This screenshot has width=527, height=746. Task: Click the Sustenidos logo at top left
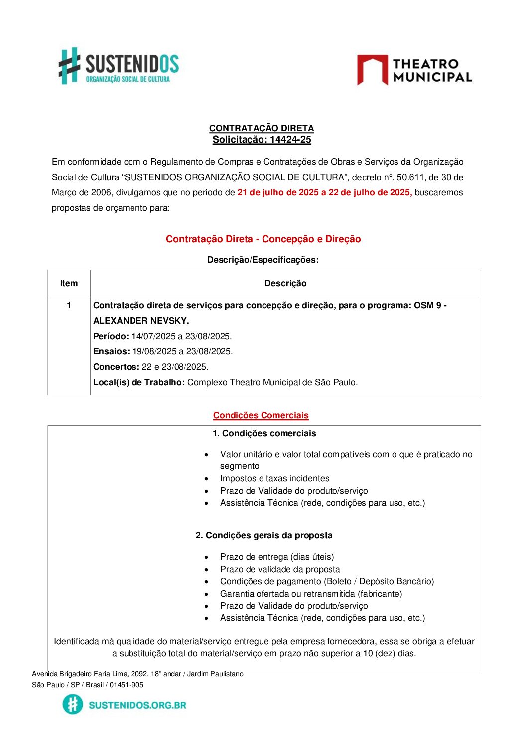(x=119, y=66)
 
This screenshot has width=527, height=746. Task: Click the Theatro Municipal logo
(x=414, y=70)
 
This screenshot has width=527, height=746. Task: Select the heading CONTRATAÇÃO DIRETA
(x=262, y=128)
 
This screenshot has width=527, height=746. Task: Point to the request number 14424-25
(x=290, y=140)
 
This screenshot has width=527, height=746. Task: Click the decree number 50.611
(x=410, y=177)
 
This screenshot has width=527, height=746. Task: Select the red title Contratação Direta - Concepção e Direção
(x=263, y=239)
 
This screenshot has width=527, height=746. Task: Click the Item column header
(x=69, y=284)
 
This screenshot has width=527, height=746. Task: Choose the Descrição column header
(x=285, y=284)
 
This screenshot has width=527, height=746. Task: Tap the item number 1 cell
(x=69, y=305)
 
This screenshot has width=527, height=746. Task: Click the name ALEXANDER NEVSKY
(x=141, y=321)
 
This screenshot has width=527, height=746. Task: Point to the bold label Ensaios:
(x=112, y=351)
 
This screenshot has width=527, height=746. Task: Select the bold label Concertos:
(x=116, y=367)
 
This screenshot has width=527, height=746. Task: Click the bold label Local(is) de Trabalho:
(x=139, y=382)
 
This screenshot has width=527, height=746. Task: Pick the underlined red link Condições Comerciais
(x=261, y=415)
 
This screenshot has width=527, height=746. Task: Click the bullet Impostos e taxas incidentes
(x=274, y=478)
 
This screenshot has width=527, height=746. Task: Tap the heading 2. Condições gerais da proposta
(x=264, y=535)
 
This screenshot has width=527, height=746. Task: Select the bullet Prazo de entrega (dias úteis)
(x=277, y=557)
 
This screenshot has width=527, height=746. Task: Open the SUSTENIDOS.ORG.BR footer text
(x=137, y=705)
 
